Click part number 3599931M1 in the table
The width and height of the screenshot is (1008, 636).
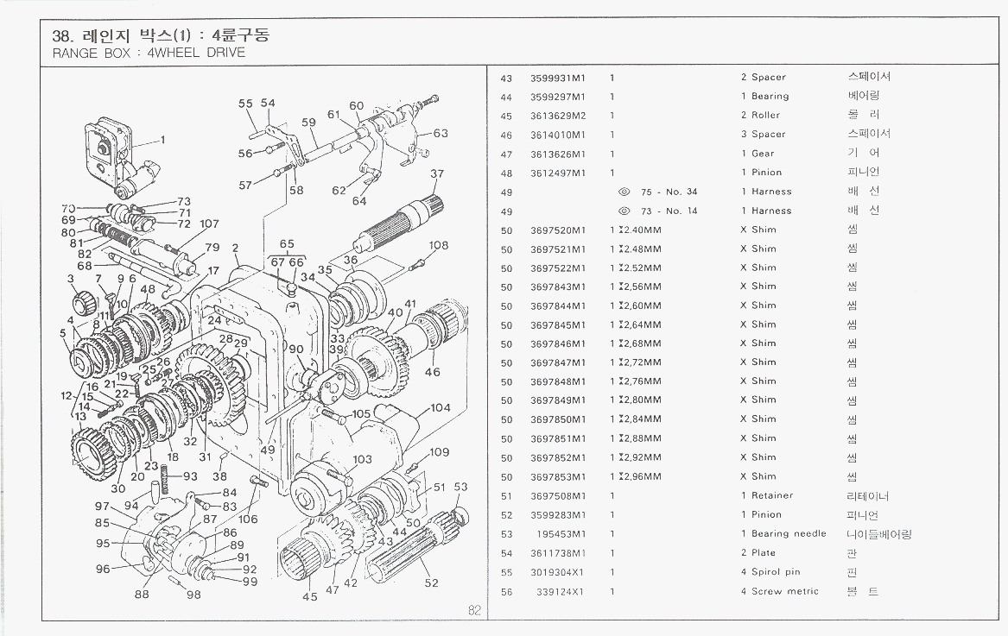(x=557, y=78)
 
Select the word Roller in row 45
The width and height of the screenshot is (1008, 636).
(x=765, y=116)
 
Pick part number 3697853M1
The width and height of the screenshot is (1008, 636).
(x=557, y=477)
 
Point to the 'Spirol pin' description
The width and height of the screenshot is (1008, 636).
(x=776, y=572)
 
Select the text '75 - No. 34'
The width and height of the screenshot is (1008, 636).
(x=669, y=192)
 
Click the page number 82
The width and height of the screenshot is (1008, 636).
(x=474, y=610)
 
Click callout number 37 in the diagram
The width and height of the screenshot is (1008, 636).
(x=437, y=174)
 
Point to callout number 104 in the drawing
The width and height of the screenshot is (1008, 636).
(x=440, y=407)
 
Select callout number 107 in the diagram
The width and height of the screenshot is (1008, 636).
(x=209, y=224)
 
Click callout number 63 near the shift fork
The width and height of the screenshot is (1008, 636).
(x=441, y=134)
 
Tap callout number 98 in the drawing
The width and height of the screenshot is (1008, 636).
(x=193, y=595)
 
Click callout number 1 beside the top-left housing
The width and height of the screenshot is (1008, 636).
(x=162, y=140)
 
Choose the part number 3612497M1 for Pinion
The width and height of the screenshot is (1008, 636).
(x=557, y=173)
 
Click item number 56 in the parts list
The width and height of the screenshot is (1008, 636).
(x=506, y=592)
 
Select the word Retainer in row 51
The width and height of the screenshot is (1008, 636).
(x=772, y=496)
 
